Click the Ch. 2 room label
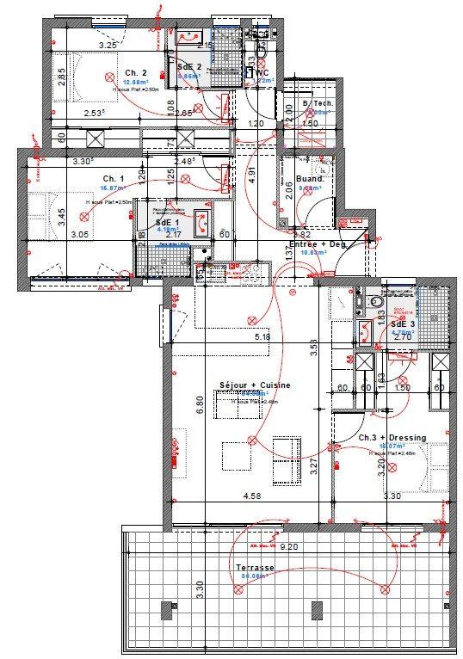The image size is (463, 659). pos(135,72)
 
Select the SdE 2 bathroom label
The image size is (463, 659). pos(189,66)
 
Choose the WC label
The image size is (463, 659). pos(263,73)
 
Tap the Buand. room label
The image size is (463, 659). pos(309,179)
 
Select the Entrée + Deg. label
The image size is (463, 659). pos(318,245)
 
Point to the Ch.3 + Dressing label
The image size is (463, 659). pos(392,438)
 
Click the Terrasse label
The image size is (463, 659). pos(255,569)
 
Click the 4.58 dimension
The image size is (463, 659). pos(251,496)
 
